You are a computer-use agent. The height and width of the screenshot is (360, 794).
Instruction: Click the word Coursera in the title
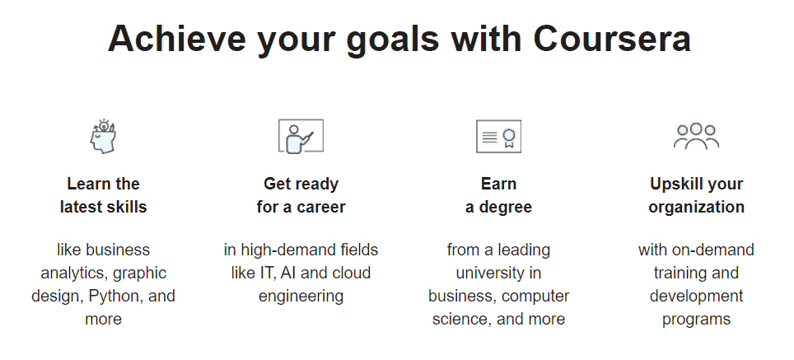[x=612, y=39]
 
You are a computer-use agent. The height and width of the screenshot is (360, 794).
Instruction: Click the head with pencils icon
[x=102, y=136]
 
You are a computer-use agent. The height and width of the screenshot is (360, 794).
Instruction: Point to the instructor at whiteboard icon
[x=301, y=136]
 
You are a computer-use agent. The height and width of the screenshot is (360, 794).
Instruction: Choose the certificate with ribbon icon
[x=498, y=136]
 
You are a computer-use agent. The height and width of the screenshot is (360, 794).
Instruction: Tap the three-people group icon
[x=696, y=135]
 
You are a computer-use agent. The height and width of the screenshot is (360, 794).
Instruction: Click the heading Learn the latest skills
[x=103, y=195]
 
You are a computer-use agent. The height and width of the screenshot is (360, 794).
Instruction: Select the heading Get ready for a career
[x=301, y=195]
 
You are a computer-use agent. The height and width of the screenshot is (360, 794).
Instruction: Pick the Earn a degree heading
[x=498, y=195]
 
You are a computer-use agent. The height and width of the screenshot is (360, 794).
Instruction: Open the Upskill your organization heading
[x=696, y=195]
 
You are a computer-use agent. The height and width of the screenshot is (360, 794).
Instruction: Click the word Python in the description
[x=124, y=296]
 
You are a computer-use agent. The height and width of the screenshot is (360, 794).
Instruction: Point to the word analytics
[x=69, y=273]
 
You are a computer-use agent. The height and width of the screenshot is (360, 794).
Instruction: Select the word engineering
[x=301, y=296]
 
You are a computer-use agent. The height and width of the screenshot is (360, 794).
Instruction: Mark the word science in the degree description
[x=458, y=319]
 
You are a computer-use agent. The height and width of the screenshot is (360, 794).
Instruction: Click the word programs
[x=696, y=319]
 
